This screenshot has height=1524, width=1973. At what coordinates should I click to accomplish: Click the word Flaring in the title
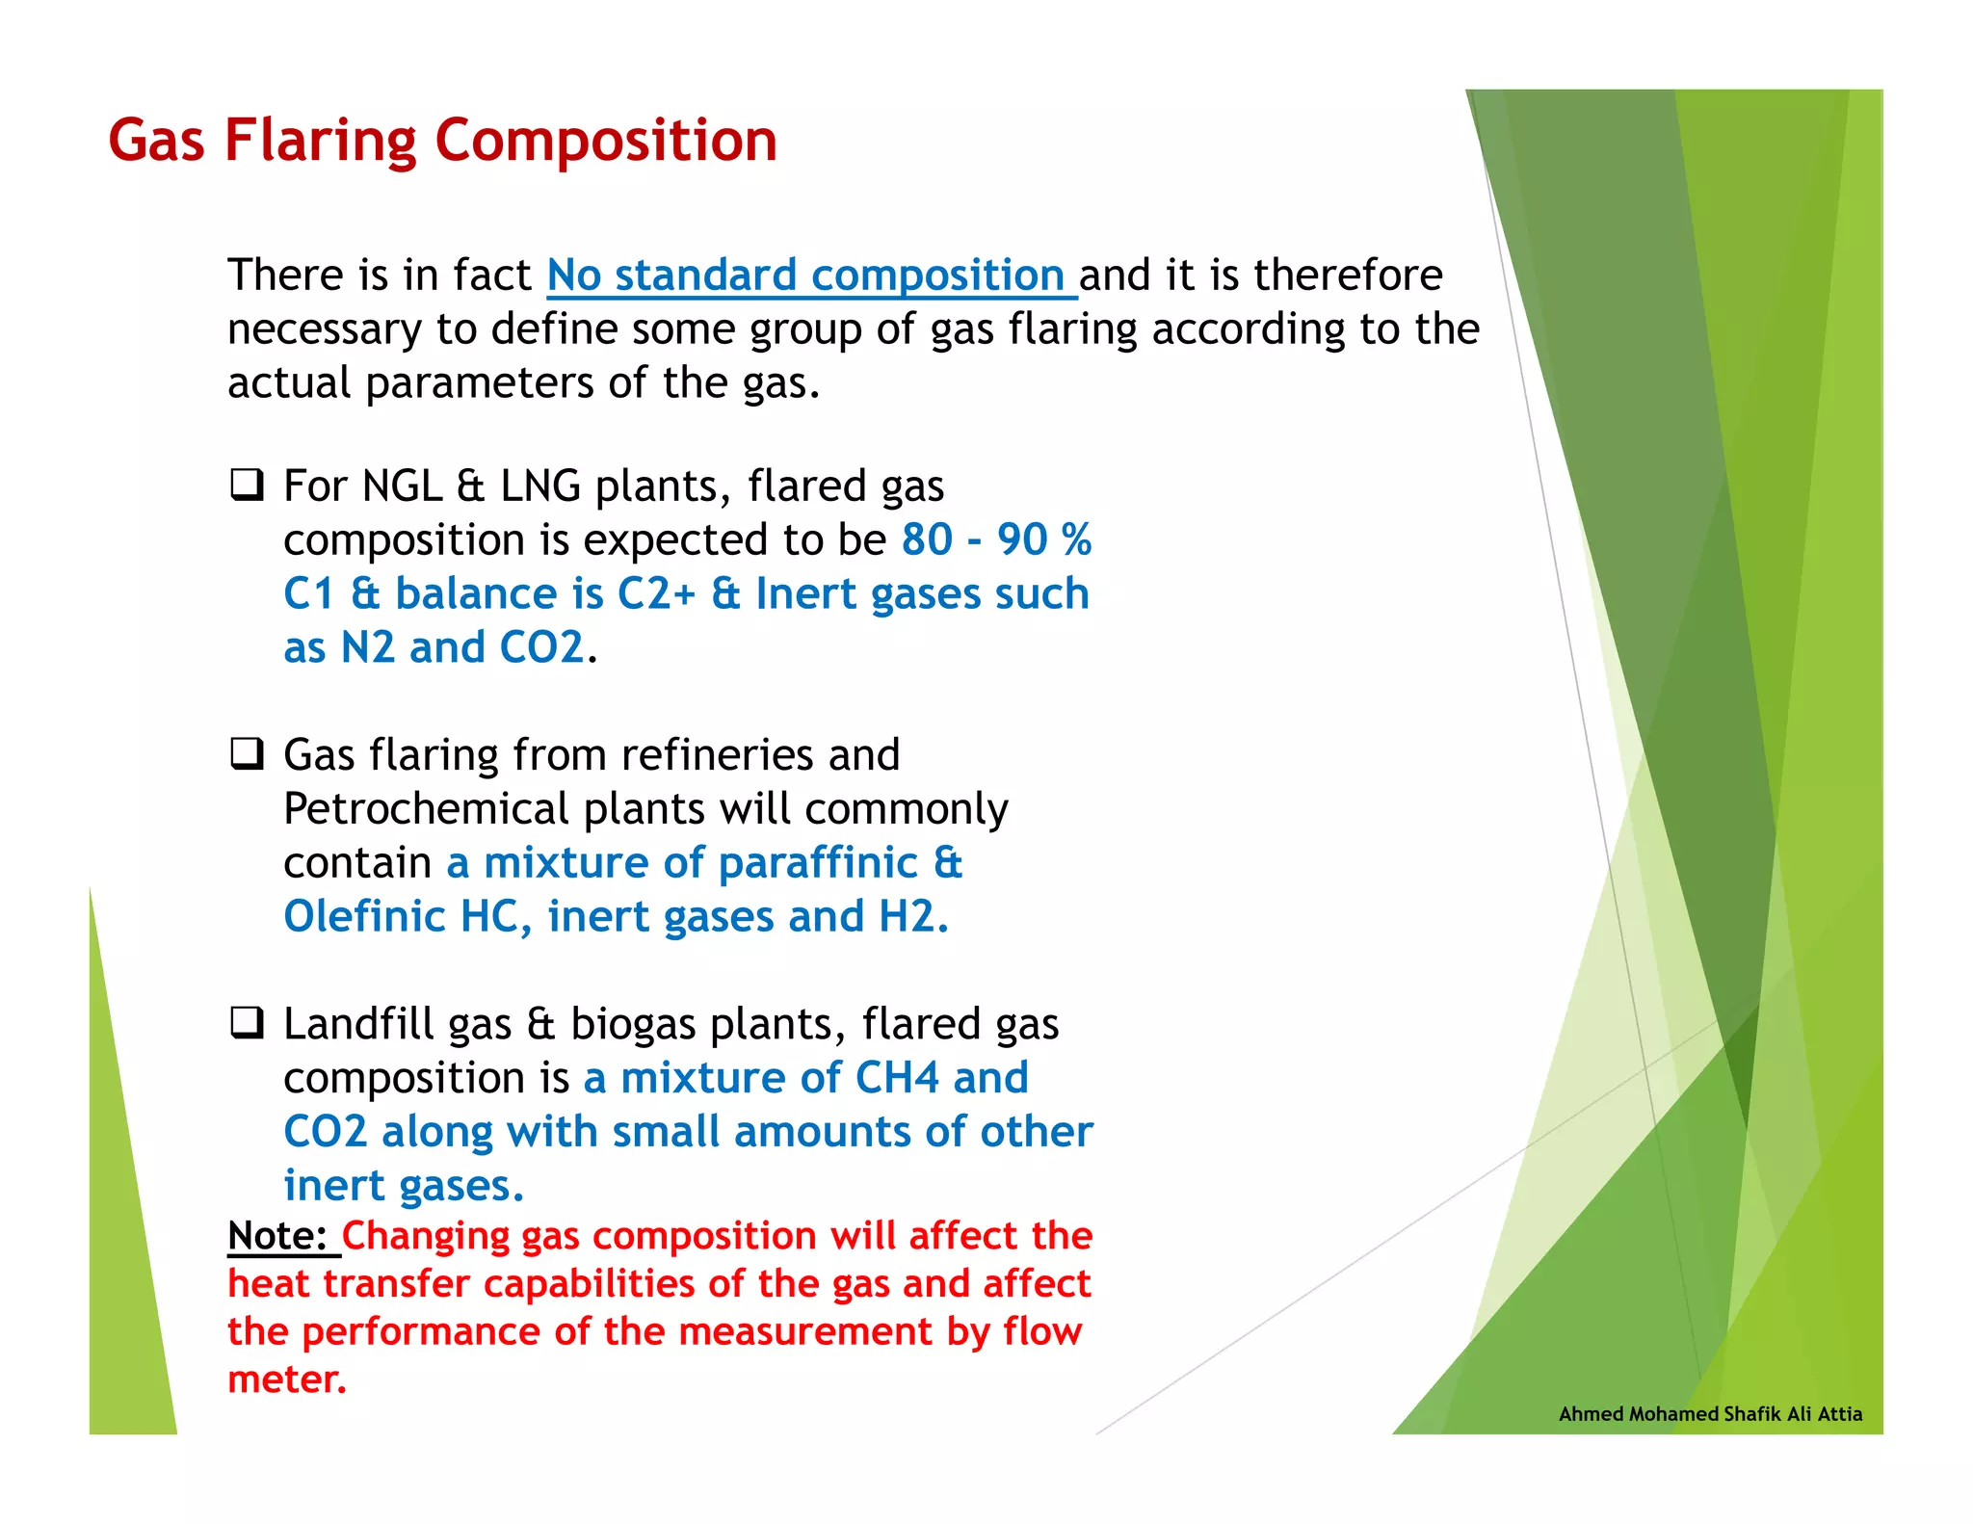point(321,142)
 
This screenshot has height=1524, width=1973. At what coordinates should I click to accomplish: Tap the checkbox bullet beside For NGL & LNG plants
point(247,484)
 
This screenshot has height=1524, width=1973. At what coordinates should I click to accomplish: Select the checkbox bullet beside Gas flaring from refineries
point(247,753)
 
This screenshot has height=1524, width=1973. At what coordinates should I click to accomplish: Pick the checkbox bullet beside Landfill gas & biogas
point(247,1022)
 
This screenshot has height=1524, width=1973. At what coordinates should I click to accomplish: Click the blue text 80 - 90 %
point(996,539)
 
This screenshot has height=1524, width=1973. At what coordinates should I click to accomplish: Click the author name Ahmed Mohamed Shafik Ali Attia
point(1710,1414)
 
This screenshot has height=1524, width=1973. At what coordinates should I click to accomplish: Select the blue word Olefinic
point(364,916)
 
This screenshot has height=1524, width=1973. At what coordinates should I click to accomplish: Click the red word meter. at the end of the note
point(286,1379)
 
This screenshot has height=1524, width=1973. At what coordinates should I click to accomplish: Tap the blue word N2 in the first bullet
point(368,647)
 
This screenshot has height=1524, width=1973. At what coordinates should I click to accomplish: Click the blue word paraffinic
point(817,863)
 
